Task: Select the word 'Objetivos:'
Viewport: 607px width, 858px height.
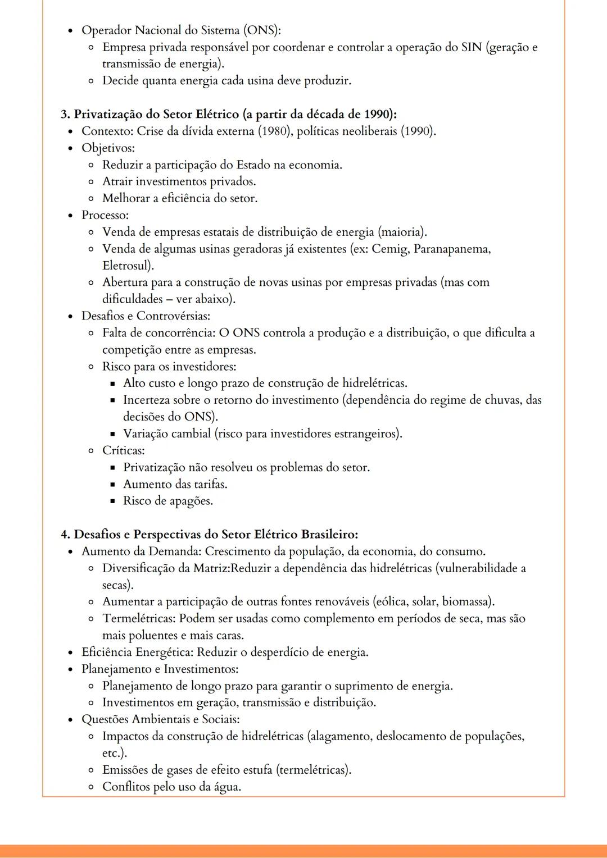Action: click(108, 148)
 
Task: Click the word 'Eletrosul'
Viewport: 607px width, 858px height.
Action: click(127, 266)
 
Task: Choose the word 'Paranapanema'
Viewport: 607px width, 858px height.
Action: click(452, 249)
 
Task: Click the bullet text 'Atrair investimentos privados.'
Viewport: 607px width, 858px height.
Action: click(179, 182)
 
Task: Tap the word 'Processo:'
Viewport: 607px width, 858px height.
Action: click(105, 215)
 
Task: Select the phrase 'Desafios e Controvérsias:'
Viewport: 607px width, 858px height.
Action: click(146, 316)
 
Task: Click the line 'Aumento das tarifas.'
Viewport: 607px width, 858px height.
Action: click(175, 484)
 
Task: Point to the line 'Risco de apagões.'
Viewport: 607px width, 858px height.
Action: click(167, 501)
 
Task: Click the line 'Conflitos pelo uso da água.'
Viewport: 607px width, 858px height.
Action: click(171, 787)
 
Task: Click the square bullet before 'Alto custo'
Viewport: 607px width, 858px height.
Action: click(112, 384)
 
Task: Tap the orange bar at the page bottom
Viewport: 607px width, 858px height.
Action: click(303, 851)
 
